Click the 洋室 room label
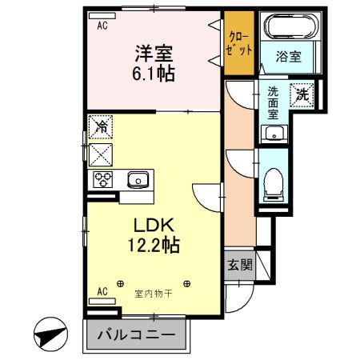click(154, 54)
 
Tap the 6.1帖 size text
click(154, 74)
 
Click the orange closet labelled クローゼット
click(239, 43)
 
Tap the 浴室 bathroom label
click(288, 57)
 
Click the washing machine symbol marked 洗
click(303, 93)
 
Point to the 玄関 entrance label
click(238, 265)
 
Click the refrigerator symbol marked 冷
click(101, 125)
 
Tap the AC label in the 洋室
click(102, 26)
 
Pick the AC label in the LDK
click(102, 292)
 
